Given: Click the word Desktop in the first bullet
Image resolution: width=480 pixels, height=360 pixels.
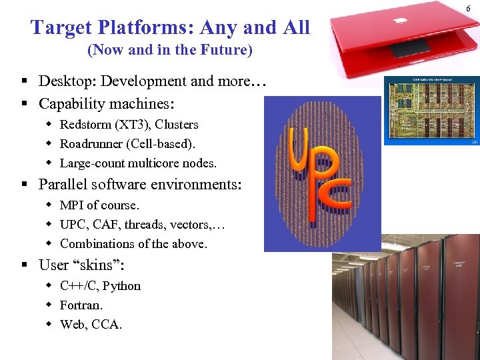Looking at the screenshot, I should point(64,81).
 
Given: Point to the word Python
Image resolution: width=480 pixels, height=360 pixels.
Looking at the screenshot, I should point(121,286).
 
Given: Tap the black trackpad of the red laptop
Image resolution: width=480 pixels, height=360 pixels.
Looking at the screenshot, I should point(409,49).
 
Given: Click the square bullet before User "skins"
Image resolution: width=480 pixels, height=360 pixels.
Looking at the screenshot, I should point(23,265).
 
